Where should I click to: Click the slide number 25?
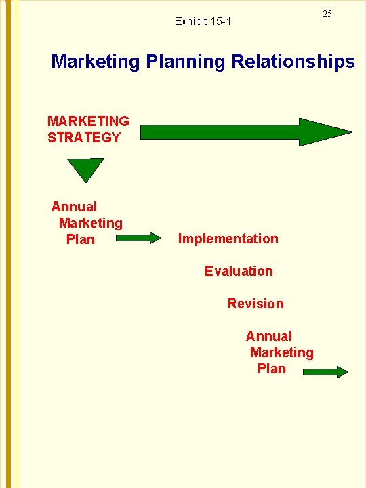point(327,14)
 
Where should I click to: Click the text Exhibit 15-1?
point(203,22)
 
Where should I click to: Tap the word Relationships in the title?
point(293,62)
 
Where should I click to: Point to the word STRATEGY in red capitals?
point(84,138)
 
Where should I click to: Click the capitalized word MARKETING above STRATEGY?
point(88,121)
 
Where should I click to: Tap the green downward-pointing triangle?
point(86,169)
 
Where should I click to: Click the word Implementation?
point(228,239)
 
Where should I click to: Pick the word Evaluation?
point(239,271)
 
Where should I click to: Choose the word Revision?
point(256,304)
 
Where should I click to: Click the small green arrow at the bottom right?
point(325,371)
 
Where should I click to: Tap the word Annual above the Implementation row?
point(74,207)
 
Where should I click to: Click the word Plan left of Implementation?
point(81,239)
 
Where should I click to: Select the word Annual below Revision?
point(268,336)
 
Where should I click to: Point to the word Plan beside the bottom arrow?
point(272,369)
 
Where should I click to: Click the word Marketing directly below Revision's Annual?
point(281,352)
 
